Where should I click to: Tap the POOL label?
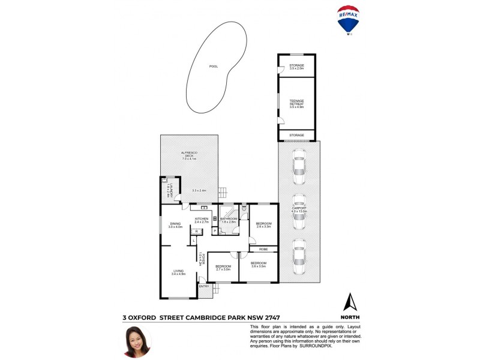pyautogui.click(x=214, y=66)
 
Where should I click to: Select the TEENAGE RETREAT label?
pyautogui.click(x=296, y=103)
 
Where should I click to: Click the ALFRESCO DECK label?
pyautogui.click(x=190, y=156)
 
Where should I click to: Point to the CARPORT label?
pyautogui.click(x=299, y=209)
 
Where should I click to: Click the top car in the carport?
pyautogui.click(x=298, y=167)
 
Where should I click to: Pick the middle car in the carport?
pyautogui.click(x=298, y=212)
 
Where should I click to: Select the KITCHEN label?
pyautogui.click(x=202, y=219)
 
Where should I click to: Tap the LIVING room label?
pyautogui.click(x=179, y=271)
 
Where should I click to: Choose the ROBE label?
pyautogui.click(x=263, y=249)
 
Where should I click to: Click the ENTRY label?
pyautogui.click(x=205, y=286)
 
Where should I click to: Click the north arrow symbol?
pyautogui.click(x=350, y=302)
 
